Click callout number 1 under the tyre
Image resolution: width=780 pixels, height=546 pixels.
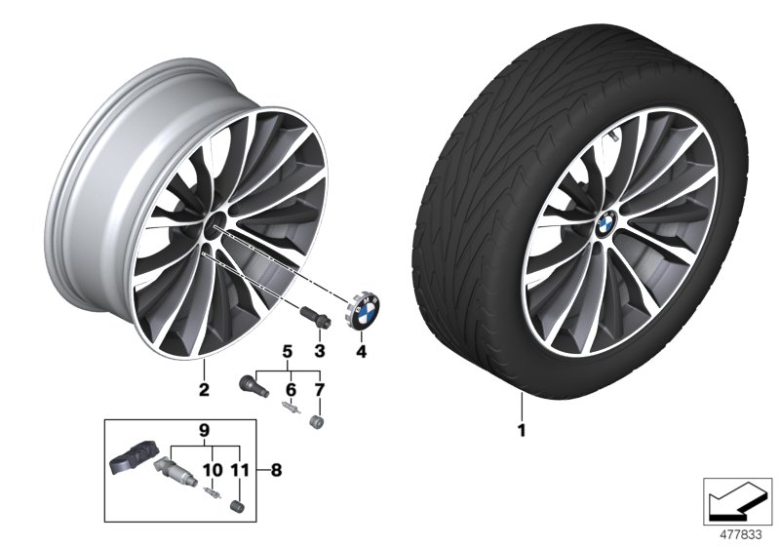[x=522, y=428]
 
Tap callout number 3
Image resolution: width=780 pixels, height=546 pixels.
[x=319, y=350]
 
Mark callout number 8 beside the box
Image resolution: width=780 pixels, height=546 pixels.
[x=276, y=468]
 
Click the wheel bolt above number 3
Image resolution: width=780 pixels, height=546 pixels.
[x=313, y=319]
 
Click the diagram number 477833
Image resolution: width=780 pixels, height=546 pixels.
[x=740, y=533]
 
